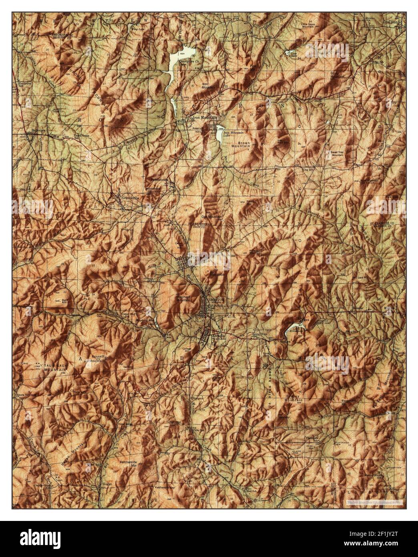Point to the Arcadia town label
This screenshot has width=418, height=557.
218,335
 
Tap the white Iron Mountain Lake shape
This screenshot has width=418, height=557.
220,137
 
